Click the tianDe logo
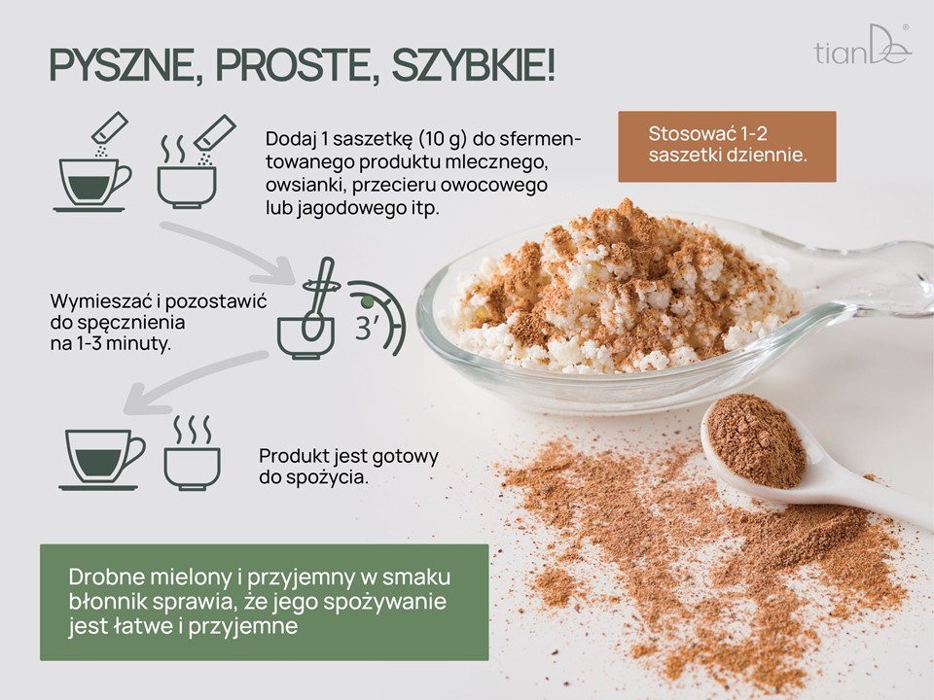tap(862, 46)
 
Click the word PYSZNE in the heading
tap(124, 65)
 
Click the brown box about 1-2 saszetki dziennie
tap(727, 147)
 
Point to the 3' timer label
tap(367, 328)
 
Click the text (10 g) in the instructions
tap(443, 139)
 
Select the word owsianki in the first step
tap(304, 185)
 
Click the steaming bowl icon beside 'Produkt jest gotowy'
tap(192, 454)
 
